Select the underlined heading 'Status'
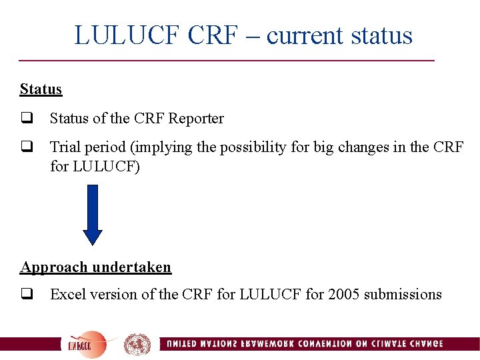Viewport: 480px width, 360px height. coord(41,89)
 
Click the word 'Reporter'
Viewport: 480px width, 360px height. coord(196,119)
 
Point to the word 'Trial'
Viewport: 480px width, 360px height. coord(64,147)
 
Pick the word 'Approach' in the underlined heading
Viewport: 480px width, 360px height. coord(55,267)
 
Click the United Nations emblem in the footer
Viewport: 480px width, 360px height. coord(137,344)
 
